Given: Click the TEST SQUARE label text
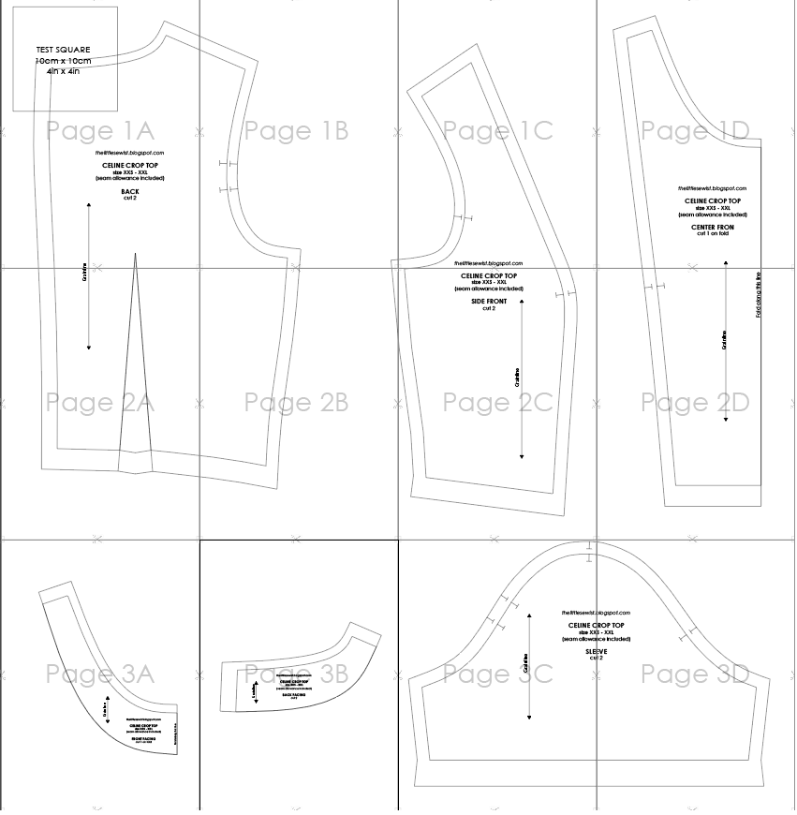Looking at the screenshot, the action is [x=63, y=49].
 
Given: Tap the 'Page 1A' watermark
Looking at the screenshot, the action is [x=99, y=130].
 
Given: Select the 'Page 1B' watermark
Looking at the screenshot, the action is [x=296, y=130].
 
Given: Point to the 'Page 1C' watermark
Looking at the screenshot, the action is [x=497, y=130].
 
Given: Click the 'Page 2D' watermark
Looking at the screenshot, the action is [x=695, y=403].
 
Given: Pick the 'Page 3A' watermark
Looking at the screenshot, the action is [x=99, y=673].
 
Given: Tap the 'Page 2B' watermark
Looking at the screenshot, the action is [x=296, y=403].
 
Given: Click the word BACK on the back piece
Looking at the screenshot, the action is [x=130, y=191].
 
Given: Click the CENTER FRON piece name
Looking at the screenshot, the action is [x=713, y=227].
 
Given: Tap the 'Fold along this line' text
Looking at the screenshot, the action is [x=759, y=295].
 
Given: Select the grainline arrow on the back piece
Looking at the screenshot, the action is [x=89, y=276].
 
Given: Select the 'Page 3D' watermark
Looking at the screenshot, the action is [x=695, y=673].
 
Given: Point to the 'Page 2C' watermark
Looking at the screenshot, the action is [x=497, y=403].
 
